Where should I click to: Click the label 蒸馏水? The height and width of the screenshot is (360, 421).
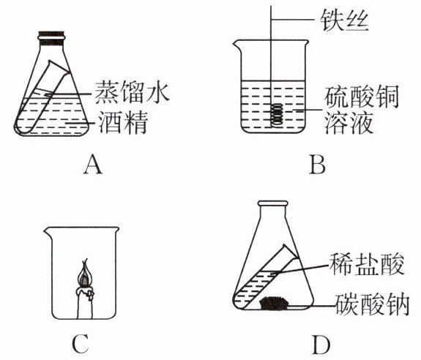click(132, 92)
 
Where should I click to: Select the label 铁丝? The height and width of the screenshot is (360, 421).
click(343, 20)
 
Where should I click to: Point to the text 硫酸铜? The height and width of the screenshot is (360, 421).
click(361, 97)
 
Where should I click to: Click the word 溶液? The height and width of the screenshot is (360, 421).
click(349, 123)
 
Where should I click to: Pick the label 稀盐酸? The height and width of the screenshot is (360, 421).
click(367, 264)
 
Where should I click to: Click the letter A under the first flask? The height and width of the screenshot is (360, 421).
click(93, 164)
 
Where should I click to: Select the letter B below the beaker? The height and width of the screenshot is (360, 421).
click(317, 164)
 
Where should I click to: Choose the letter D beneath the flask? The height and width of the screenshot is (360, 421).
click(321, 344)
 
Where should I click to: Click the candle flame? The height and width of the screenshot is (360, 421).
click(85, 274)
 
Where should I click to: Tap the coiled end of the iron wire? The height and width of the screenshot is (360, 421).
click(277, 115)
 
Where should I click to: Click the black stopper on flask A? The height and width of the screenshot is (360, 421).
click(51, 36)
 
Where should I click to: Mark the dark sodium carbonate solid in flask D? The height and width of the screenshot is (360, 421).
click(274, 303)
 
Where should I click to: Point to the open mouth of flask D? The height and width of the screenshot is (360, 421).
click(273, 203)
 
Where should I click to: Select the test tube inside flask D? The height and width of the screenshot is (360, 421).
click(265, 277)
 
